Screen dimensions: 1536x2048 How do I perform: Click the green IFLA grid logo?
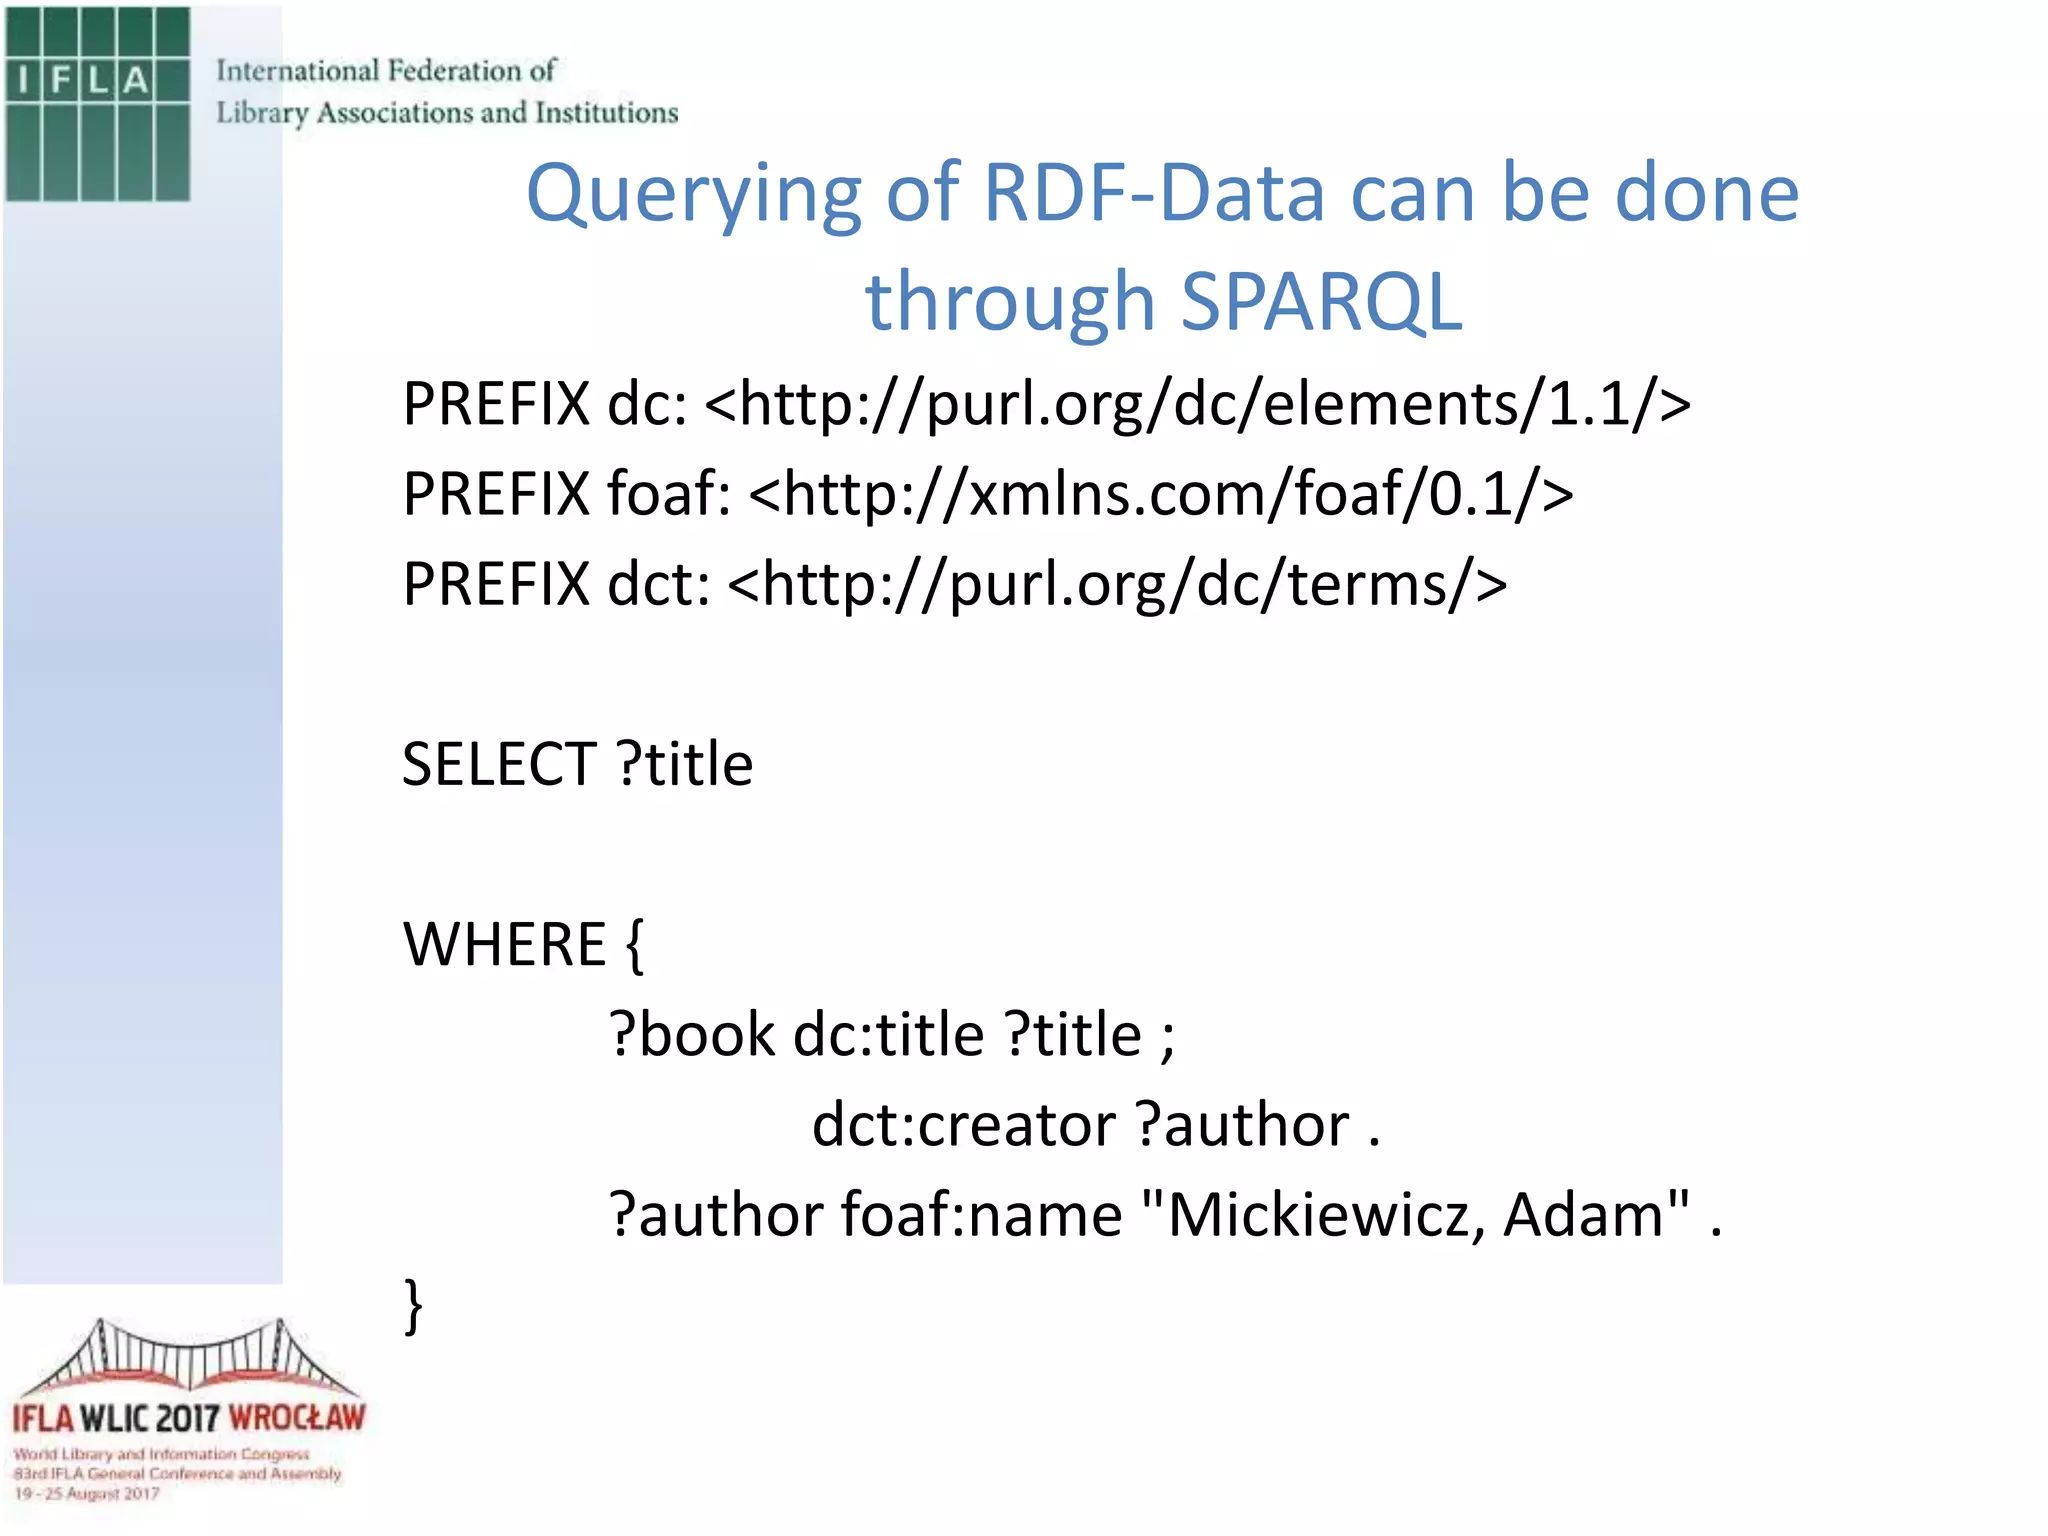(x=97, y=103)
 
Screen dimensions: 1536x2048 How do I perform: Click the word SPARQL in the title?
(x=1321, y=302)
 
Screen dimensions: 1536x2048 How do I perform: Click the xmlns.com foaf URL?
(x=1161, y=495)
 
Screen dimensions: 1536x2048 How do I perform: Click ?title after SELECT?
(x=685, y=765)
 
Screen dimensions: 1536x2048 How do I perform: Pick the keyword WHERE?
(x=504, y=945)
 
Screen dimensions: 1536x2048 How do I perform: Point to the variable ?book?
(x=692, y=1035)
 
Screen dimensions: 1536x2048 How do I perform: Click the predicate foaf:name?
(x=981, y=1215)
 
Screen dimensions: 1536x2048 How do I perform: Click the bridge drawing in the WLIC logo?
(x=189, y=1357)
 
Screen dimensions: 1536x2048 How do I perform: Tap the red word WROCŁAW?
(x=297, y=1418)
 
